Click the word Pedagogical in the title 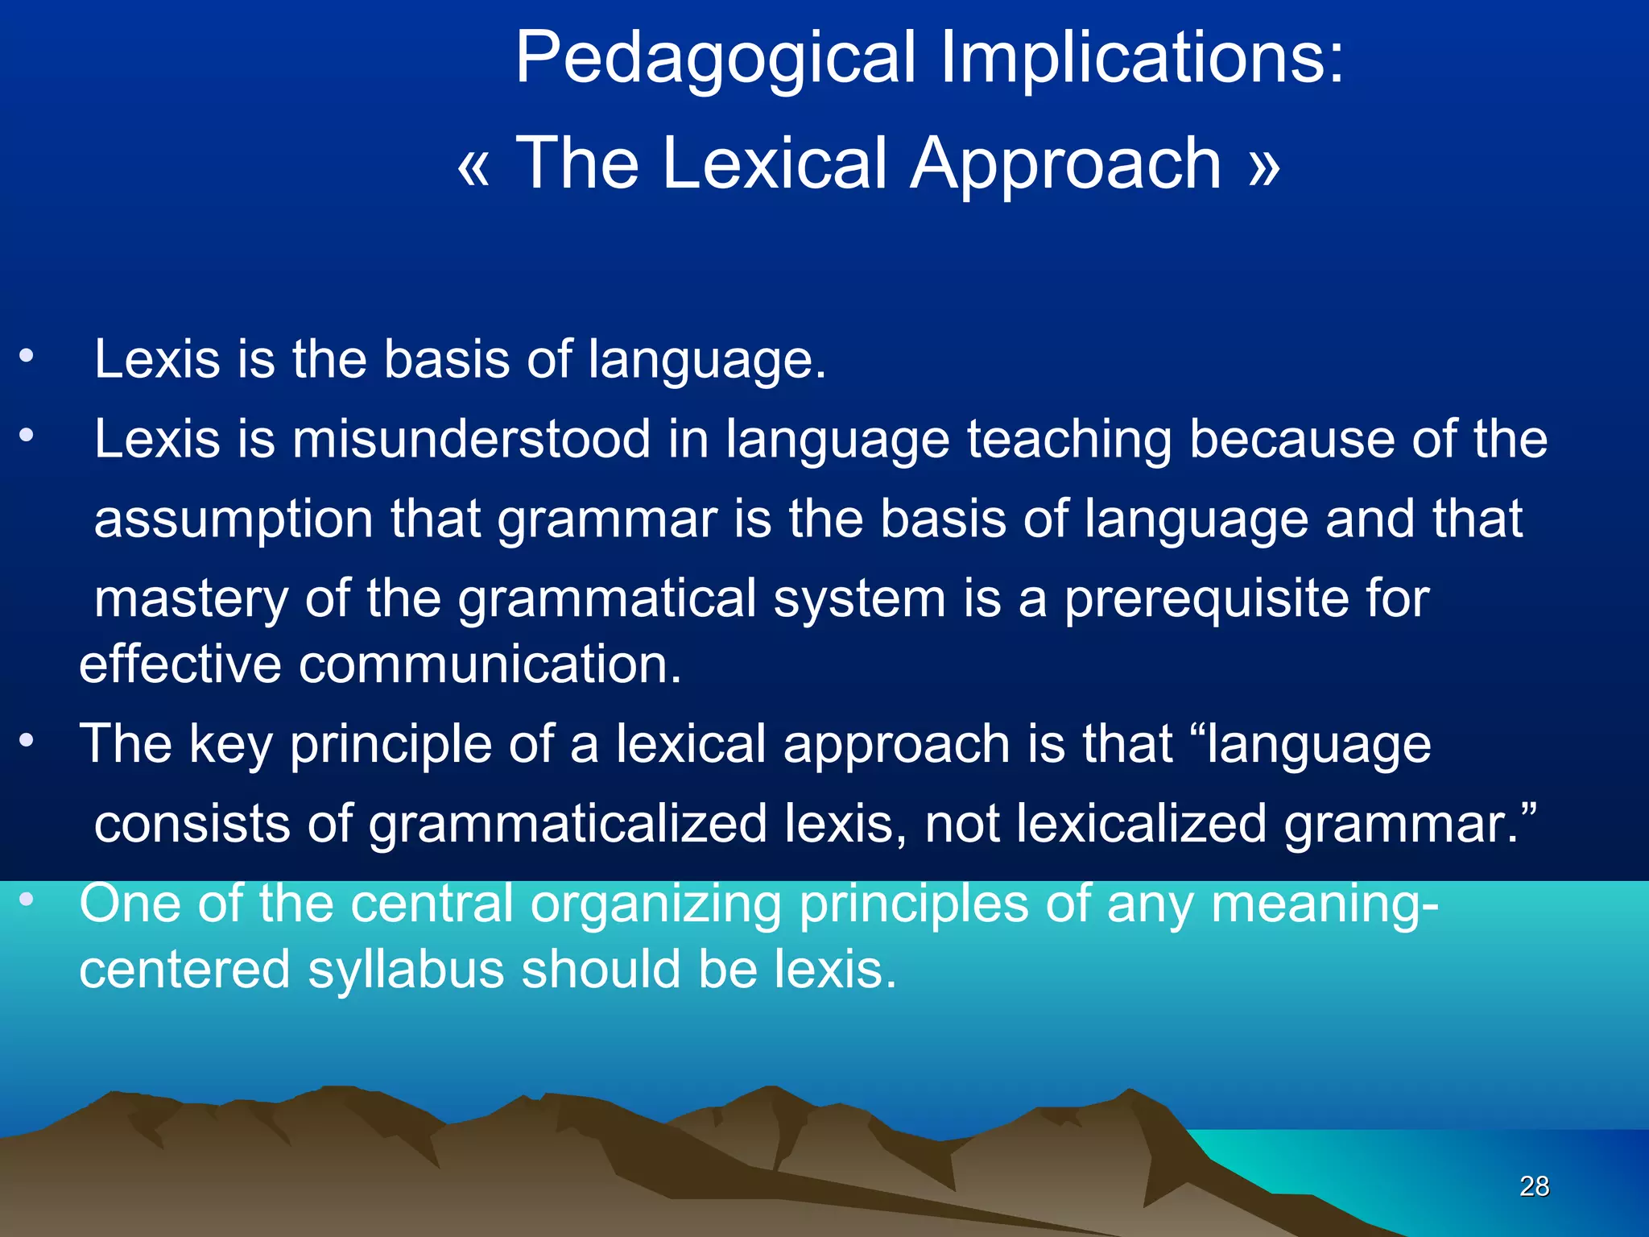715,58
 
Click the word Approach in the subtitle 1067,164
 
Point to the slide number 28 1534,1185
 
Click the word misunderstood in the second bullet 471,440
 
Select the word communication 490,664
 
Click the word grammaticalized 568,824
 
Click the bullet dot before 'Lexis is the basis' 27,356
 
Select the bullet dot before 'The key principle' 27,740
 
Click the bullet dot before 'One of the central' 27,900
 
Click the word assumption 234,519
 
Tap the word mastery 191,599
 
